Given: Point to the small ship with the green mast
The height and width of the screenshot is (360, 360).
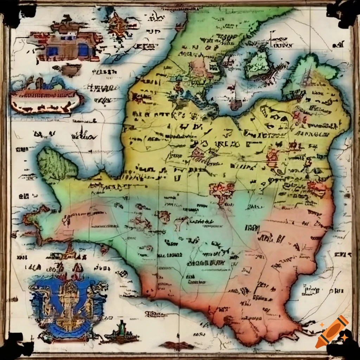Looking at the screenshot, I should (121, 332).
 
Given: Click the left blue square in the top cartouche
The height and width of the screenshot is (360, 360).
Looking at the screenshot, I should (53, 51).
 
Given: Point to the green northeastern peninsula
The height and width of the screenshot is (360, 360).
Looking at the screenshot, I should (309, 74).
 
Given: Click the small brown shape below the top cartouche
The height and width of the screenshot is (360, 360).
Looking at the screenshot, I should (72, 70).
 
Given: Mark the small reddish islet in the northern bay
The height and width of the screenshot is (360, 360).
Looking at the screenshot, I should (236, 104).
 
